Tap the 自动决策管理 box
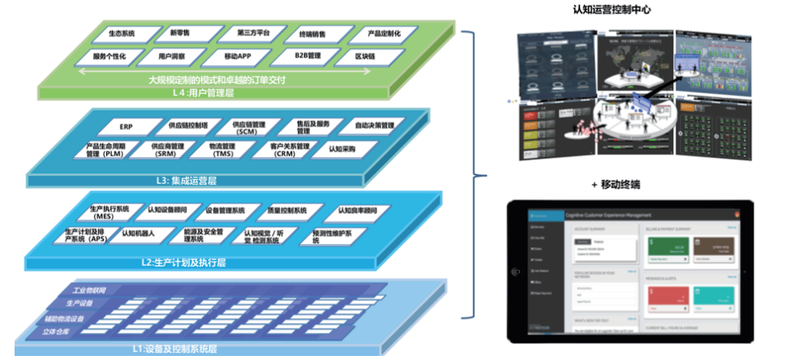tap(374, 126)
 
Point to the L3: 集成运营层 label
tap(181, 179)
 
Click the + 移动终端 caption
tap(620, 185)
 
